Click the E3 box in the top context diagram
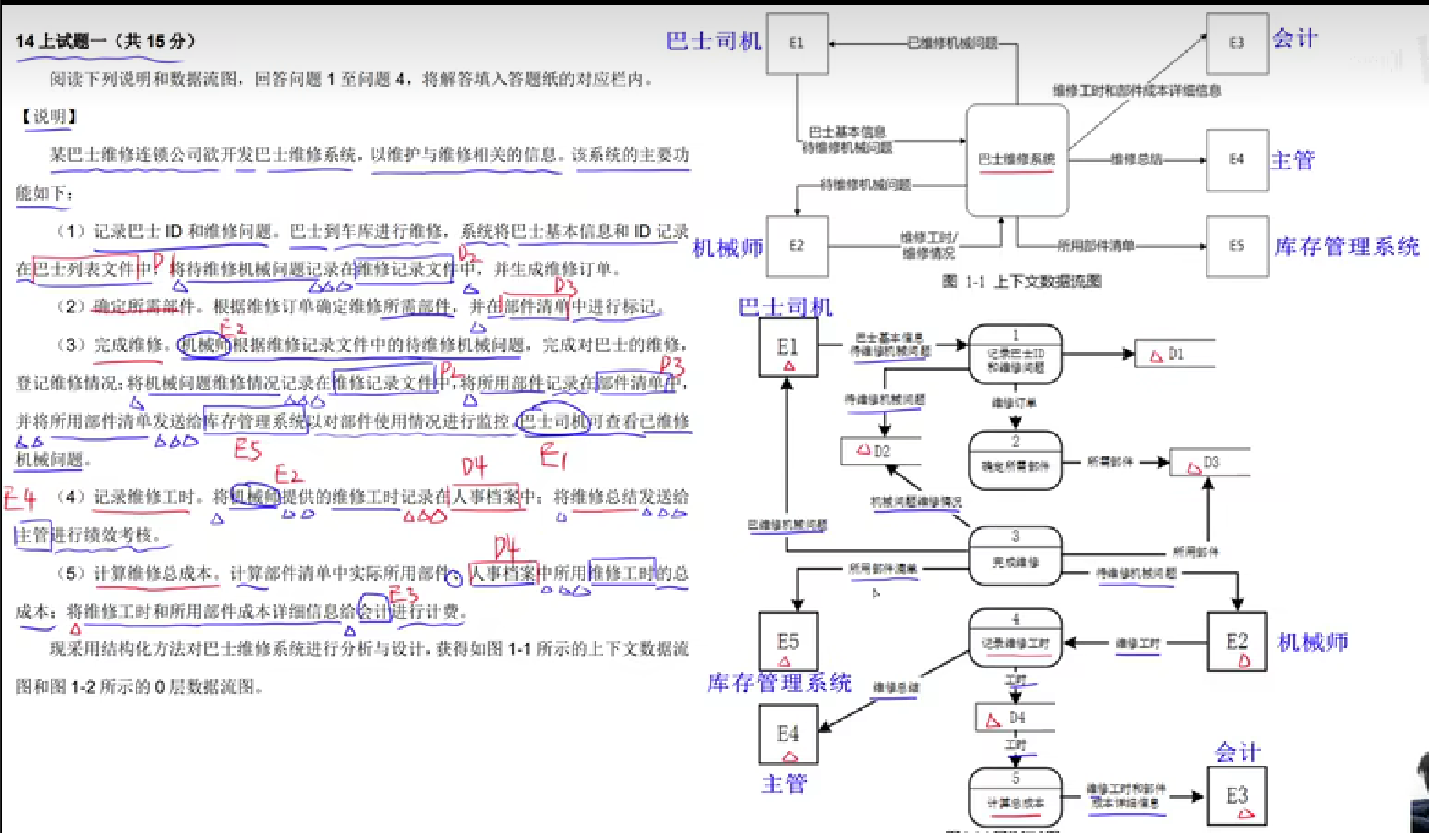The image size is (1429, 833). click(1236, 43)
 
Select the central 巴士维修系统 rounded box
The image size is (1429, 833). click(1017, 160)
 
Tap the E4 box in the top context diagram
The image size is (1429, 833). click(1236, 160)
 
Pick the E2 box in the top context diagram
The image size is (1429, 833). click(797, 246)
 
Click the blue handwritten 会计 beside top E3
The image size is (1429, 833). click(1295, 38)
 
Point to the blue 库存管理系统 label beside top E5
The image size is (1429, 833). click(1347, 247)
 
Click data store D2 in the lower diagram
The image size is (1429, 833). click(879, 451)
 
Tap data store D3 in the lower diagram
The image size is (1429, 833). click(1208, 463)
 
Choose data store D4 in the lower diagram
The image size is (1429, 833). click(1014, 718)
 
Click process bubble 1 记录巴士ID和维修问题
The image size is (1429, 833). click(1015, 354)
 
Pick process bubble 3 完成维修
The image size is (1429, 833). click(1015, 556)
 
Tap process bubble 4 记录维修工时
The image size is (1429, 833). click(1015, 637)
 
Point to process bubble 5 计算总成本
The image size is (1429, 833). click(1015, 796)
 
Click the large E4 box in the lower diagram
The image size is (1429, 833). click(788, 734)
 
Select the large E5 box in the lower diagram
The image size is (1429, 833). click(788, 642)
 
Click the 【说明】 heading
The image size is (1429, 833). click(49, 117)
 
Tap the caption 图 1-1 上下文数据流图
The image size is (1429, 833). click(1022, 282)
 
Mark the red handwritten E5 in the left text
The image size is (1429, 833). click(248, 449)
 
